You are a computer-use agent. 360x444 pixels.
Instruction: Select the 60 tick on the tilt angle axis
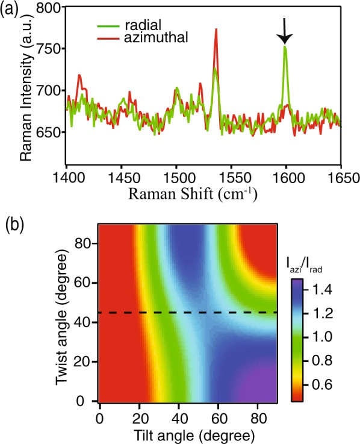(218, 416)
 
